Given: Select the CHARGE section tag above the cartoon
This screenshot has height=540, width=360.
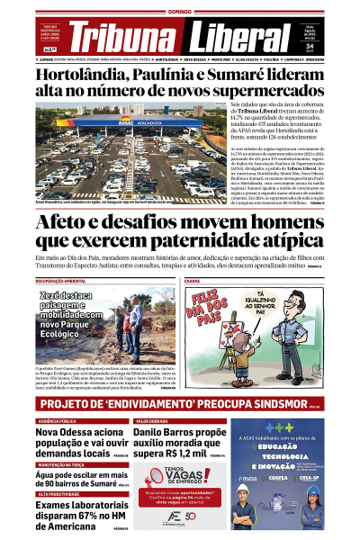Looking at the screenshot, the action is tap(193, 281).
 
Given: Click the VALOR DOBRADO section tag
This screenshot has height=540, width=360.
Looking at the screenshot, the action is tap(153, 420).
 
